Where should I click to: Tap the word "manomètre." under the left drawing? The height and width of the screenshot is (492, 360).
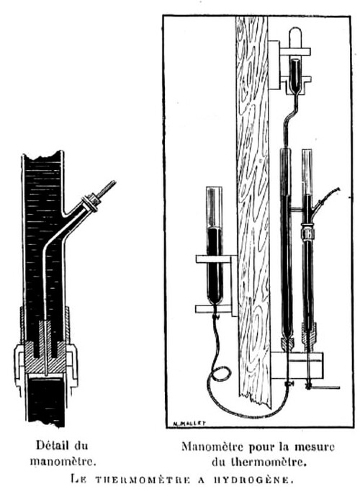63,462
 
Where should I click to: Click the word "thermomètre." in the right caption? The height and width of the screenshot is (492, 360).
269,462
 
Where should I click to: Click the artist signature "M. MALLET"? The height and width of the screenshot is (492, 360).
189,423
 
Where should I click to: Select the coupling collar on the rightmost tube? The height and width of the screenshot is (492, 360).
307,233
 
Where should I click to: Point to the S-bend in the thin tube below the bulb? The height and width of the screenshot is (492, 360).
291,115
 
